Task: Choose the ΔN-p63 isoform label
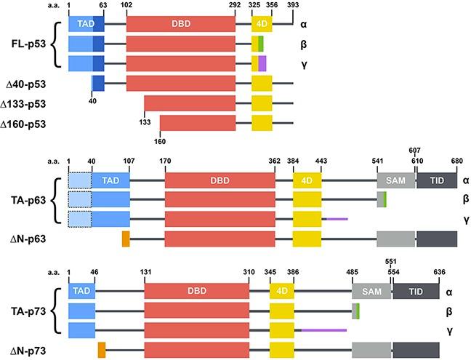pyautogui.click(x=32, y=239)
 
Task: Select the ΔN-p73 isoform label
pyautogui.click(x=32, y=351)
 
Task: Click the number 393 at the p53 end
pyautogui.click(x=293, y=5)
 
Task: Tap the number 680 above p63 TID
pyautogui.click(x=456, y=162)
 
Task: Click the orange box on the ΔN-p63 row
pyautogui.click(x=126, y=239)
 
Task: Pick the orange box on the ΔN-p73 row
pyautogui.click(x=102, y=350)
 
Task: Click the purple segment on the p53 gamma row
pyautogui.click(x=262, y=63)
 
